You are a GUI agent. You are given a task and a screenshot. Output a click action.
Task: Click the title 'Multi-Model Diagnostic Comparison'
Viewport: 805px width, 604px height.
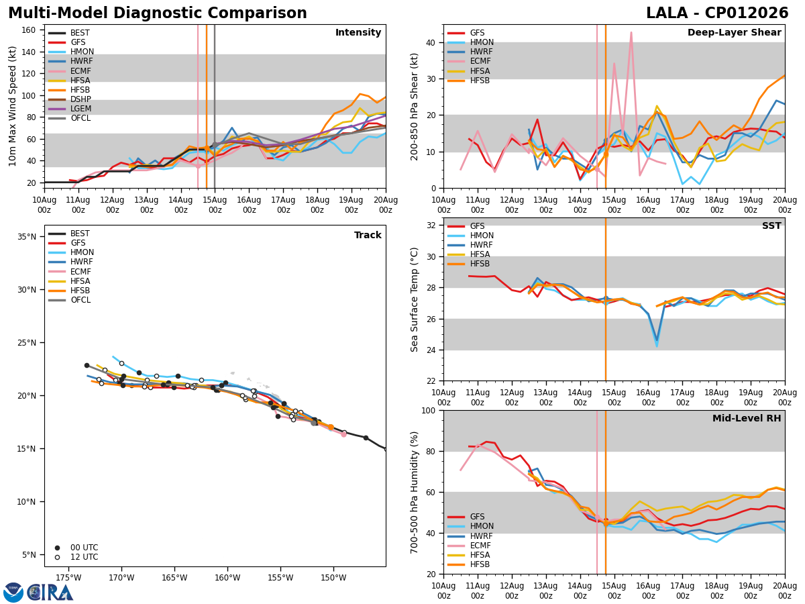pyautogui.click(x=158, y=13)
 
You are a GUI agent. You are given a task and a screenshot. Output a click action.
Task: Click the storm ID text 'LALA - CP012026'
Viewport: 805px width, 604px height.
pyautogui.click(x=717, y=13)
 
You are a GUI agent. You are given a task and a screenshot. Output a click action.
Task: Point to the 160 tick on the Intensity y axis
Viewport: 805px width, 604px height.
pyautogui.click(x=28, y=30)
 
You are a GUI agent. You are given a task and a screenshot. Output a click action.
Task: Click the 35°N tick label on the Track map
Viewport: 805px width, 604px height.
pyautogui.click(x=27, y=237)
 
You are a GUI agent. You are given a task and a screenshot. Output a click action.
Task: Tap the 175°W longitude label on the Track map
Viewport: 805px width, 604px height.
pyautogui.click(x=68, y=578)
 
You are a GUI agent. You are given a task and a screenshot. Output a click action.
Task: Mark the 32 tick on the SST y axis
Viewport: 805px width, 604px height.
pyautogui.click(x=431, y=225)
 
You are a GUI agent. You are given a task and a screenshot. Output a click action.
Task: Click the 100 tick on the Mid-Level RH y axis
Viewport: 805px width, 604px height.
pyautogui.click(x=429, y=411)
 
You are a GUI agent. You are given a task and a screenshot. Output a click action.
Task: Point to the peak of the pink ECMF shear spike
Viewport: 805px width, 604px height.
pyautogui.click(x=631, y=32)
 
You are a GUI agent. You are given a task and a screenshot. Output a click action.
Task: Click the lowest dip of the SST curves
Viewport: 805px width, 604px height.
pyautogui.click(x=657, y=346)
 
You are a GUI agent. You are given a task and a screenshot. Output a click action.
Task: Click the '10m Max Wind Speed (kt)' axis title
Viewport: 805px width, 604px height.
pyautogui.click(x=12, y=106)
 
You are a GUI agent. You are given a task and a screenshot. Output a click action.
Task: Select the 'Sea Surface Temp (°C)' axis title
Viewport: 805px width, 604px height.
pyautogui.click(x=414, y=300)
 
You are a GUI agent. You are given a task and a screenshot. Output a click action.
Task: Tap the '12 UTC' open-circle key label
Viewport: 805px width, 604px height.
pyautogui.click(x=85, y=557)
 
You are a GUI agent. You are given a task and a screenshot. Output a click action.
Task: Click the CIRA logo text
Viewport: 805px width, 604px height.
pyautogui.click(x=50, y=593)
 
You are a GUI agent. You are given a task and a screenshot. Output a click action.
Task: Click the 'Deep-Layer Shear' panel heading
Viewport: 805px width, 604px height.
pyautogui.click(x=734, y=33)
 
